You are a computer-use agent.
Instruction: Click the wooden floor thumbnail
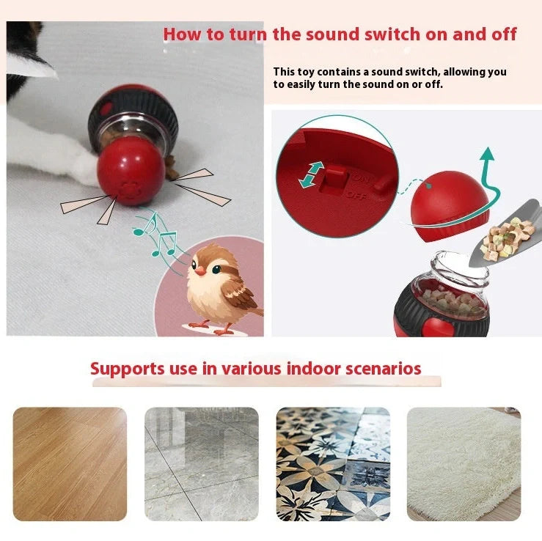[x=70, y=463]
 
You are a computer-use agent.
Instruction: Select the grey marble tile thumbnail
[x=201, y=463]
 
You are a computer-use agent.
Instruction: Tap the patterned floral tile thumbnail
[x=333, y=463]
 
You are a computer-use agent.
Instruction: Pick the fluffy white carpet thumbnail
[x=464, y=463]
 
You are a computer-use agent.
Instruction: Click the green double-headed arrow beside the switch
[x=311, y=174]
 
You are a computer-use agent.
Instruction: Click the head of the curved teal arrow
[x=486, y=154]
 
